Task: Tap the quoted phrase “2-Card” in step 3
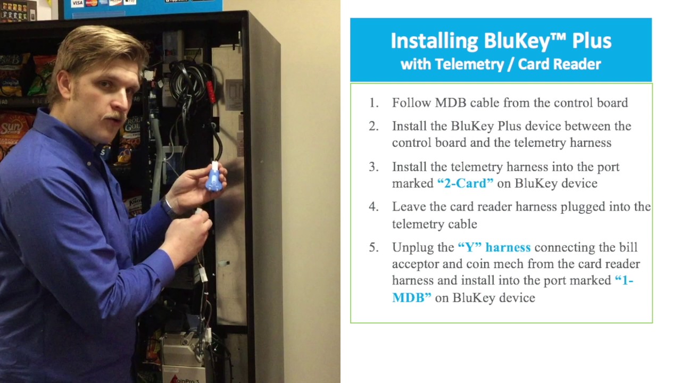(x=465, y=183)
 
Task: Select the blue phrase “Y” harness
(x=494, y=247)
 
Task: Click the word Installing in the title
(x=434, y=41)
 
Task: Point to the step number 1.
(x=373, y=103)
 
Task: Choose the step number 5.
(x=373, y=247)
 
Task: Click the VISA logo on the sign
(x=78, y=3)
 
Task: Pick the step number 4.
(x=373, y=206)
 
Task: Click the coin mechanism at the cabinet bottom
(x=184, y=351)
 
